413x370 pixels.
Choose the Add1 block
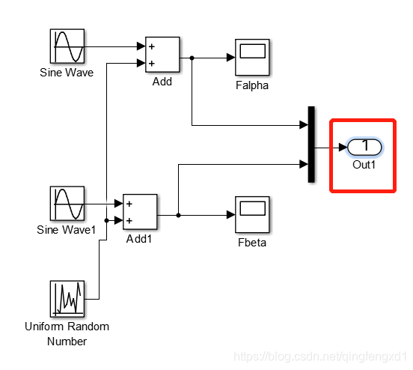(x=140, y=212)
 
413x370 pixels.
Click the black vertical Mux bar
(x=310, y=145)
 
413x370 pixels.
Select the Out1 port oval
(x=364, y=147)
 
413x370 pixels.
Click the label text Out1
(x=364, y=164)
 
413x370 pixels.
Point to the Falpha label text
(x=251, y=85)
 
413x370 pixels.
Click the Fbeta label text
(x=251, y=243)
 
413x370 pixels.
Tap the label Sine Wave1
(x=66, y=230)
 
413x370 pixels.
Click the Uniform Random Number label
(x=66, y=333)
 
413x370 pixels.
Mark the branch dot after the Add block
(x=192, y=58)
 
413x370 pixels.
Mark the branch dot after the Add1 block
(x=178, y=215)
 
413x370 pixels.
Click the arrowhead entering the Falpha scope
(x=230, y=58)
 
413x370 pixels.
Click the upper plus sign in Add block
(x=152, y=46)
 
